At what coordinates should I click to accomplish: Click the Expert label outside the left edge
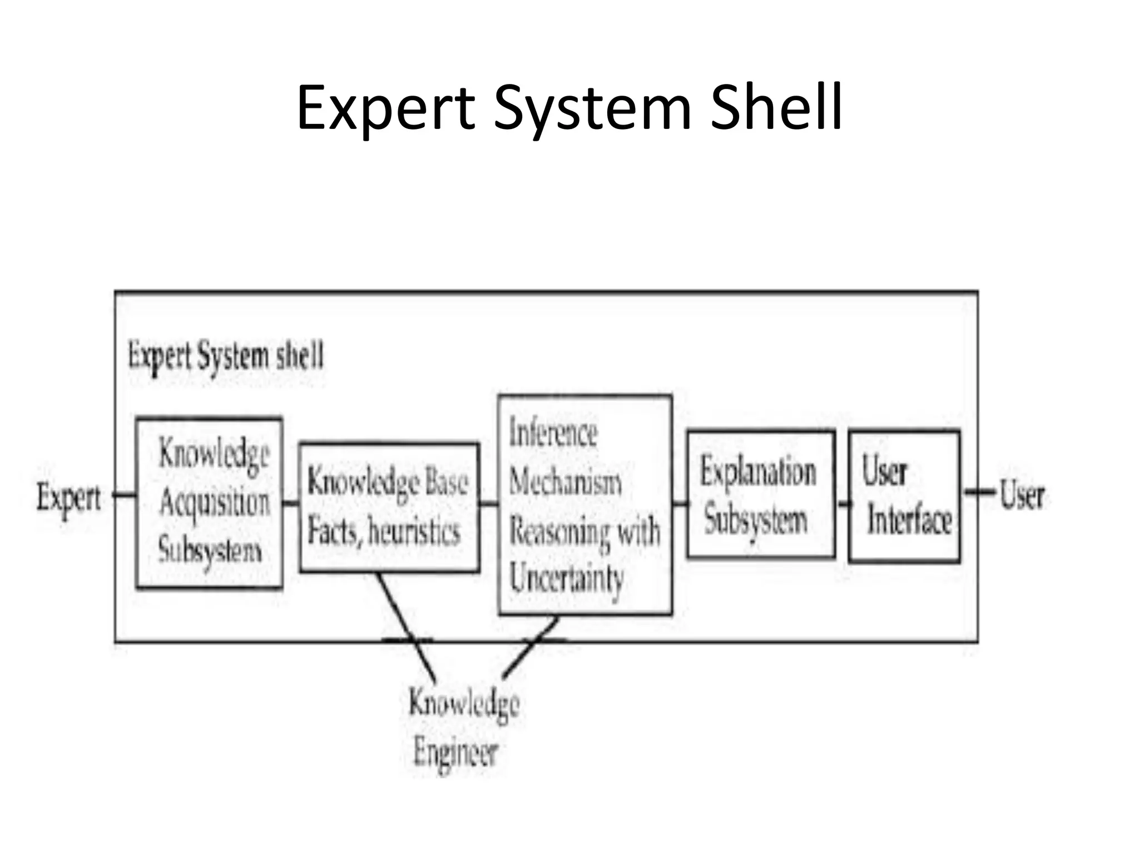69,497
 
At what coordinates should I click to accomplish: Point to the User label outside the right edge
1022,494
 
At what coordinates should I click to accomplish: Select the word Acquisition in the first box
214,503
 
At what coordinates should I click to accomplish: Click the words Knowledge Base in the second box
388,482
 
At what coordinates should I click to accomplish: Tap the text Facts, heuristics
384,532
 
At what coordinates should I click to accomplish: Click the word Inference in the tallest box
553,433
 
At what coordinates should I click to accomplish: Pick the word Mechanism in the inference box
565,481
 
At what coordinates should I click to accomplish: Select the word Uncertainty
566,579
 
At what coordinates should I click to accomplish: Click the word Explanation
758,472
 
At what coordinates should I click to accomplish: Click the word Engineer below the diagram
455,753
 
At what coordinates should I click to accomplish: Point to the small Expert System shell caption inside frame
225,356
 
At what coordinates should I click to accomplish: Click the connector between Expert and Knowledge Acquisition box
125,494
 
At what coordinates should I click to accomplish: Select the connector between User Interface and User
979,491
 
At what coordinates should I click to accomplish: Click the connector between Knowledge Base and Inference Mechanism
488,504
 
